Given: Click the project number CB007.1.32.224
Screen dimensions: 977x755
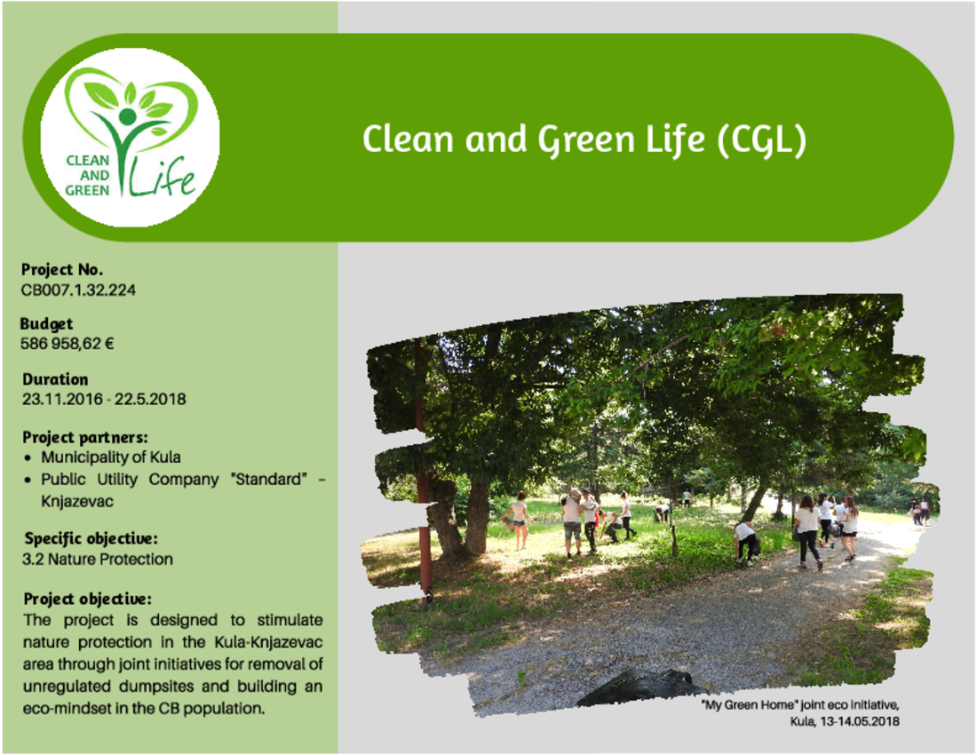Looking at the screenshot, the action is (78, 290).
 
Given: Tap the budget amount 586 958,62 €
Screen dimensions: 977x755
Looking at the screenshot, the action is (68, 344).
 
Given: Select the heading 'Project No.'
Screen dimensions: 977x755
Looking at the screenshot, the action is (62, 270).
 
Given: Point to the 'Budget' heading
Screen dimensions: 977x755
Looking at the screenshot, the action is (47, 324).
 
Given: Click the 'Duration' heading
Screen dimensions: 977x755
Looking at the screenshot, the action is (55, 379).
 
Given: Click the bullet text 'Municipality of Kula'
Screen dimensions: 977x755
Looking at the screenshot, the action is (111, 457).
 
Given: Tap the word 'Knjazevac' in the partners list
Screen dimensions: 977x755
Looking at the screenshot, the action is (77, 502).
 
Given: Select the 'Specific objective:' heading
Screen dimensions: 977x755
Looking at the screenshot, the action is (91, 538).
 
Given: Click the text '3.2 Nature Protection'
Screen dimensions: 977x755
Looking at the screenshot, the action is (98, 560).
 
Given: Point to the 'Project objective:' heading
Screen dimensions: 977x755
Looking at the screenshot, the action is (88, 600).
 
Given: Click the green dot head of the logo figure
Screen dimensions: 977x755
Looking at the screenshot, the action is (127, 116).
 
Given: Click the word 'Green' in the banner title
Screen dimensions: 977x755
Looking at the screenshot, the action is (586, 140).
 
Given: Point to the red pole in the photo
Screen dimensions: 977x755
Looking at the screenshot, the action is (423, 473).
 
